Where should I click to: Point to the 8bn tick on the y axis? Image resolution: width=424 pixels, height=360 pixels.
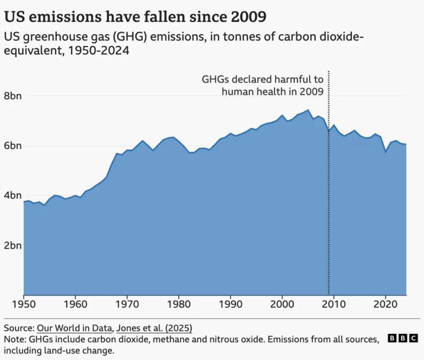click(x=13, y=96)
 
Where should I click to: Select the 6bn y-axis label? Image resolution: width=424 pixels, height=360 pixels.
click(x=13, y=146)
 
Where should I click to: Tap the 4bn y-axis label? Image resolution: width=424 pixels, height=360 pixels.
click(x=13, y=196)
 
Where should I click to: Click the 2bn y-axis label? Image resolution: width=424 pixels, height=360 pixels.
click(x=13, y=245)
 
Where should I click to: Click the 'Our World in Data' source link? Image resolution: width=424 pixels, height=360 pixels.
click(x=75, y=328)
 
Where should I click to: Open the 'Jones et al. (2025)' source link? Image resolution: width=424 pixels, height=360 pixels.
click(x=154, y=328)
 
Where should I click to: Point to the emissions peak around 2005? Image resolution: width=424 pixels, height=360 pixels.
click(x=308, y=110)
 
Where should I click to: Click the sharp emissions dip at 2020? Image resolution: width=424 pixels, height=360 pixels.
click(x=386, y=152)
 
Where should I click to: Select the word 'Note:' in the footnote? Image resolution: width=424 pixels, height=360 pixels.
click(x=14, y=339)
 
